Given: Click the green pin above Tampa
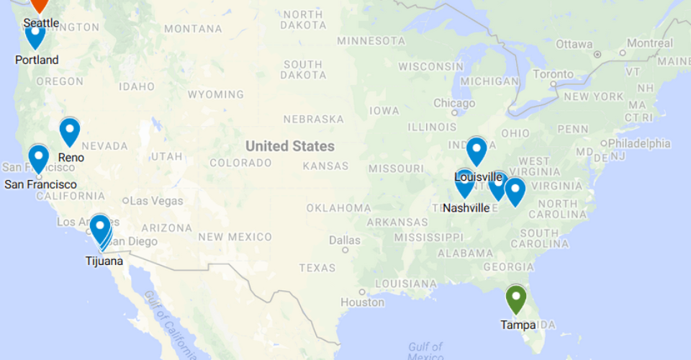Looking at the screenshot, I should pos(516,298).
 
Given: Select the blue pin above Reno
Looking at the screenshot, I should pos(69,130).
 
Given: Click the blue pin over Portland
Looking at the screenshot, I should pos(35,33).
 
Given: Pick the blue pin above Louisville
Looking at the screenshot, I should pos(476,150).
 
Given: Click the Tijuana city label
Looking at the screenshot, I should pos(104,261).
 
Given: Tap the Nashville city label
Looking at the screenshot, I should pos(466,208).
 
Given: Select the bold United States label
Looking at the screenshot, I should pos(290,146).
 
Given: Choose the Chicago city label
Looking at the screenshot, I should pos(454,103).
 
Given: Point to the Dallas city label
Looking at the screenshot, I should pos(345,240).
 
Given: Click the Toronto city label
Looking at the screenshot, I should pos(553,74).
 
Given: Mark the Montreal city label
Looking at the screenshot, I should pos(649,43).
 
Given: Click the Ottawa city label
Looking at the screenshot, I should pos(574,44).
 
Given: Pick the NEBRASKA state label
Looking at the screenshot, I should pos(313,119).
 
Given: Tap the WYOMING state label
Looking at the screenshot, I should pos(216,94).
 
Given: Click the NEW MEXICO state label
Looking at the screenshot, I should pos(235,237).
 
